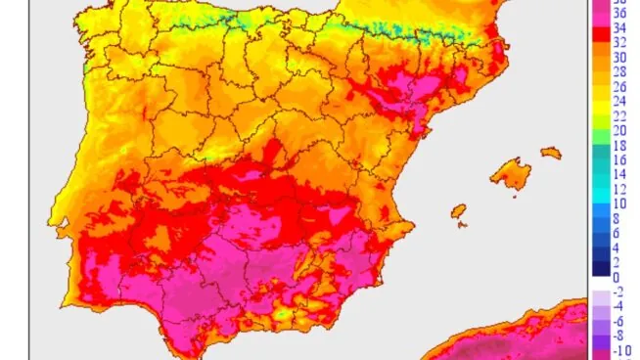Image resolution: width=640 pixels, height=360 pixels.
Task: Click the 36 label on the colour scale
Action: click(x=619, y=13)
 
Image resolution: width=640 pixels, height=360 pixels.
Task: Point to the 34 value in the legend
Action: click(x=619, y=28)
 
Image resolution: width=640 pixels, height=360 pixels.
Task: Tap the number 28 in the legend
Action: click(x=619, y=72)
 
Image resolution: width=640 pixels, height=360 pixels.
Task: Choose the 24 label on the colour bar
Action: click(x=619, y=101)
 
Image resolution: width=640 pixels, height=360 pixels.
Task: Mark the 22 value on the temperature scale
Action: click(x=619, y=115)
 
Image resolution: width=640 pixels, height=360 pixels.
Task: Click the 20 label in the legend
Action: click(x=619, y=130)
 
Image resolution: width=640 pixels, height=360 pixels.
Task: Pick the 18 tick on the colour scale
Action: click(x=619, y=145)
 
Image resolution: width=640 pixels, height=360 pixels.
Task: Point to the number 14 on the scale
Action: click(x=619, y=174)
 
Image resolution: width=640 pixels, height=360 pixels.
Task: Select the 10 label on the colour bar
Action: click(x=619, y=203)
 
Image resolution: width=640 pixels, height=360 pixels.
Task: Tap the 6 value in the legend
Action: click(x=619, y=234)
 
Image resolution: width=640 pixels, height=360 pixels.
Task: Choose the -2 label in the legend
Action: click(x=619, y=292)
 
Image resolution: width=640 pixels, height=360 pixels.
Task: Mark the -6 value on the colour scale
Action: click(x=619, y=322)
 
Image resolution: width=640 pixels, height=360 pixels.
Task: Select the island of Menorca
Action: click(x=551, y=153)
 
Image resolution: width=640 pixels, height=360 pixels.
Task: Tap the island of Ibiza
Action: click(x=457, y=210)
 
